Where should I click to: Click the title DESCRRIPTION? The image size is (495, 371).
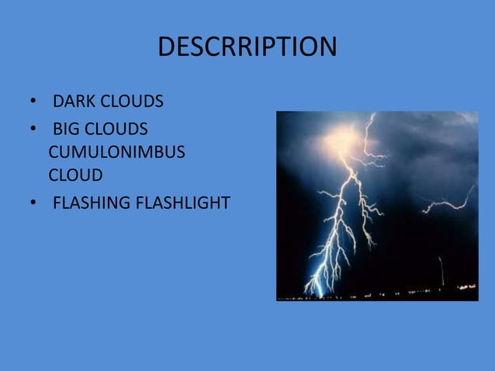coord(247,47)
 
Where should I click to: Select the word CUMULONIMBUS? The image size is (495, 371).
coord(116,152)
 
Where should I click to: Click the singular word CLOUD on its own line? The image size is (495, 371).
coord(75,175)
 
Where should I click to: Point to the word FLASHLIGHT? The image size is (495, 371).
coord(182,203)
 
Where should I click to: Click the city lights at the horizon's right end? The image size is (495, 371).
coord(466,288)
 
